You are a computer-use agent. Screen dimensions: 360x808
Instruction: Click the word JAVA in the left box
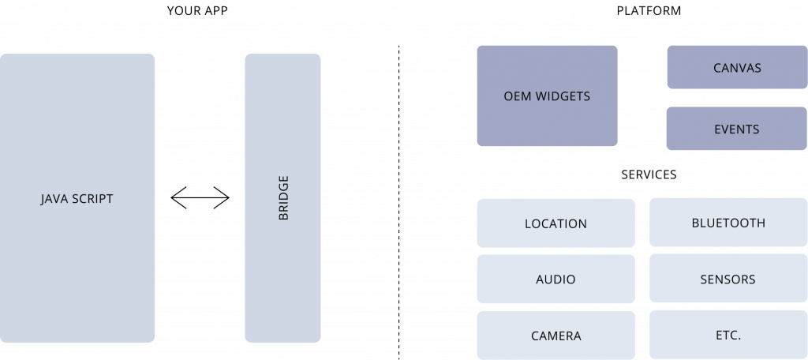pos(55,199)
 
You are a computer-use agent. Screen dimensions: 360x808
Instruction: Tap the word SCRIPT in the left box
pos(92,199)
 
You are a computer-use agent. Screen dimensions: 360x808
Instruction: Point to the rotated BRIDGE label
pos(283,198)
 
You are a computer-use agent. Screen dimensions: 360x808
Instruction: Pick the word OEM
pos(518,96)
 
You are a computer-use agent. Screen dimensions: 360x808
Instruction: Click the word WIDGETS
pos(563,96)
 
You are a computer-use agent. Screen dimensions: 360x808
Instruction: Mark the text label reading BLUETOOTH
pos(728,223)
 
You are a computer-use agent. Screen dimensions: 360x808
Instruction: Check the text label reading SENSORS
pos(728,279)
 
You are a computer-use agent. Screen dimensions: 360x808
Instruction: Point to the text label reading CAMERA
pos(555,336)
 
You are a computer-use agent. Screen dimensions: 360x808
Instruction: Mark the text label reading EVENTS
pos(736,129)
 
